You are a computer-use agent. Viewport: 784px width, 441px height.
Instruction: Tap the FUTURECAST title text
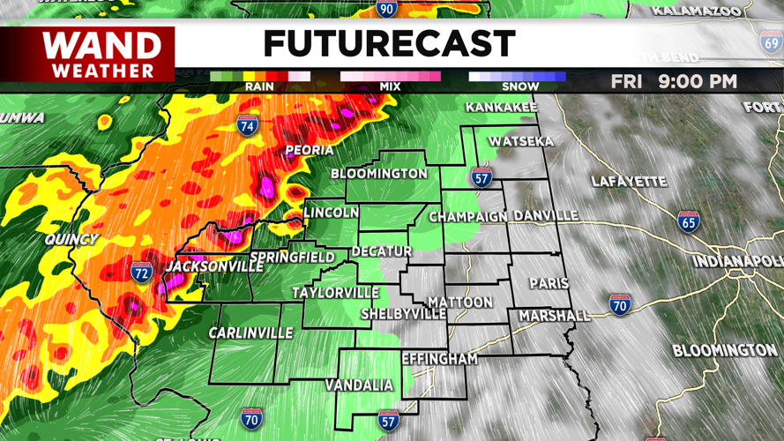click(389, 43)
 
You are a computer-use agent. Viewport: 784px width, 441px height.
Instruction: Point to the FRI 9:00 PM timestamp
click(675, 81)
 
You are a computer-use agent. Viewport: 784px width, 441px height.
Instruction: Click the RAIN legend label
click(259, 87)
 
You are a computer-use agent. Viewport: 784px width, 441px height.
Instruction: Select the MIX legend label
click(390, 87)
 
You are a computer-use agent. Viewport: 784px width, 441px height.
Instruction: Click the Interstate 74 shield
click(248, 126)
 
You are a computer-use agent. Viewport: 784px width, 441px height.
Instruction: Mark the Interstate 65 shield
click(689, 220)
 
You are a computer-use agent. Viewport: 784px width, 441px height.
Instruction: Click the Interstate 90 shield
click(386, 8)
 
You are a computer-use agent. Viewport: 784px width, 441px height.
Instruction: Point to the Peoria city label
click(309, 151)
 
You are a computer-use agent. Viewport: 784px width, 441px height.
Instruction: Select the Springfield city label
click(292, 258)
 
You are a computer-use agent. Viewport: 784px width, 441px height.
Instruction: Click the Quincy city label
click(73, 240)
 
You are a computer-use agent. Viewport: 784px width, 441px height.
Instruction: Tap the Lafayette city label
click(629, 182)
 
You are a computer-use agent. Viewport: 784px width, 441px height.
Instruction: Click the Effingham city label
click(439, 359)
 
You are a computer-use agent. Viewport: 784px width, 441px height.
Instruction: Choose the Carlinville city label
click(250, 333)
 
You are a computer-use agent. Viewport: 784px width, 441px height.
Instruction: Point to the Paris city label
click(549, 283)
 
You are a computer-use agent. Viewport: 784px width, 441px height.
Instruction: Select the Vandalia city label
click(359, 385)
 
